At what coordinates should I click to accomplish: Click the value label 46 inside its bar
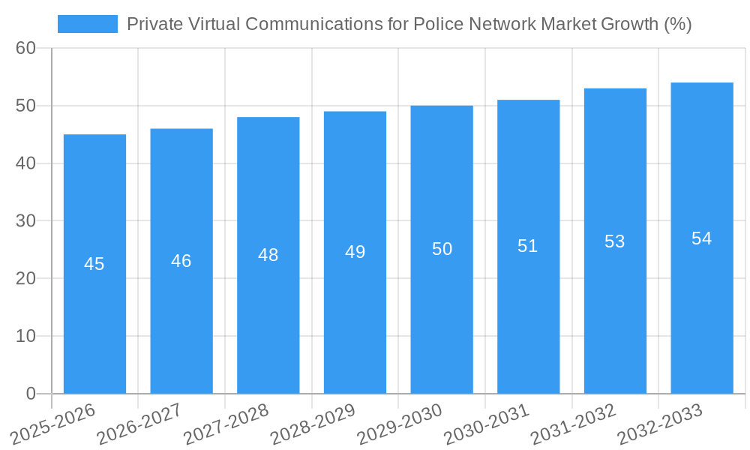coord(181,261)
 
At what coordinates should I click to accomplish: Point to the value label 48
coord(268,255)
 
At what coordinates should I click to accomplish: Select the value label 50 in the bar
coord(442,249)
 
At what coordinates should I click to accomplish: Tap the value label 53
coord(615,241)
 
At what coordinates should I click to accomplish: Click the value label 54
coord(702,238)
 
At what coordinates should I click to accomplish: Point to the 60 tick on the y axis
coord(25,48)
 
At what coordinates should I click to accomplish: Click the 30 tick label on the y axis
coord(25,221)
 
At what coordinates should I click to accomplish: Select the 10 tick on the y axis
coord(25,336)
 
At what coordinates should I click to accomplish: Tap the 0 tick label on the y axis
coord(31,394)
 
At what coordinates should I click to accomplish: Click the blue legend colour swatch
coord(88,24)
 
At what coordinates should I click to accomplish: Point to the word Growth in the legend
coord(631,24)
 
